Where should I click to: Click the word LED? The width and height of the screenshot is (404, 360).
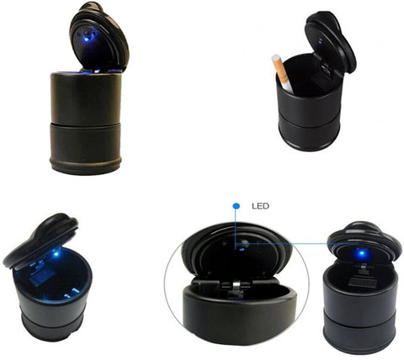(260, 206)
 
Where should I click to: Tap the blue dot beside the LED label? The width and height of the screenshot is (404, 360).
(237, 206)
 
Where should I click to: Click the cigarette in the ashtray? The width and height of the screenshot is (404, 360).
(282, 74)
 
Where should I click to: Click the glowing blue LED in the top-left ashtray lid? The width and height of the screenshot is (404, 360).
(88, 38)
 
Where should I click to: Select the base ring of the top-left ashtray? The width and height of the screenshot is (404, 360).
(86, 166)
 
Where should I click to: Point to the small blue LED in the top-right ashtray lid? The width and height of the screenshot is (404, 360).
(320, 43)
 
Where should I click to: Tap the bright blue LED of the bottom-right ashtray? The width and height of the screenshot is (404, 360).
(361, 253)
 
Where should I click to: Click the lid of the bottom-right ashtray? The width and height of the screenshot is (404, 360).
(364, 241)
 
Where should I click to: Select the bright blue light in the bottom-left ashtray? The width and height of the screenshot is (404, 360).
(56, 254)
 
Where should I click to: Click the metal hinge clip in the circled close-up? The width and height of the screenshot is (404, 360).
(235, 287)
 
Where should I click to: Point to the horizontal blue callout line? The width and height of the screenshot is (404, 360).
(298, 244)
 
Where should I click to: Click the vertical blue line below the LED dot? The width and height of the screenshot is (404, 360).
(235, 228)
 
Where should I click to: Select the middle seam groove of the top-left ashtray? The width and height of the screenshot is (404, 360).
(86, 124)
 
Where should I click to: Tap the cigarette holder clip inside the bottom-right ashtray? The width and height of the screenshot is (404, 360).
(362, 277)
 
